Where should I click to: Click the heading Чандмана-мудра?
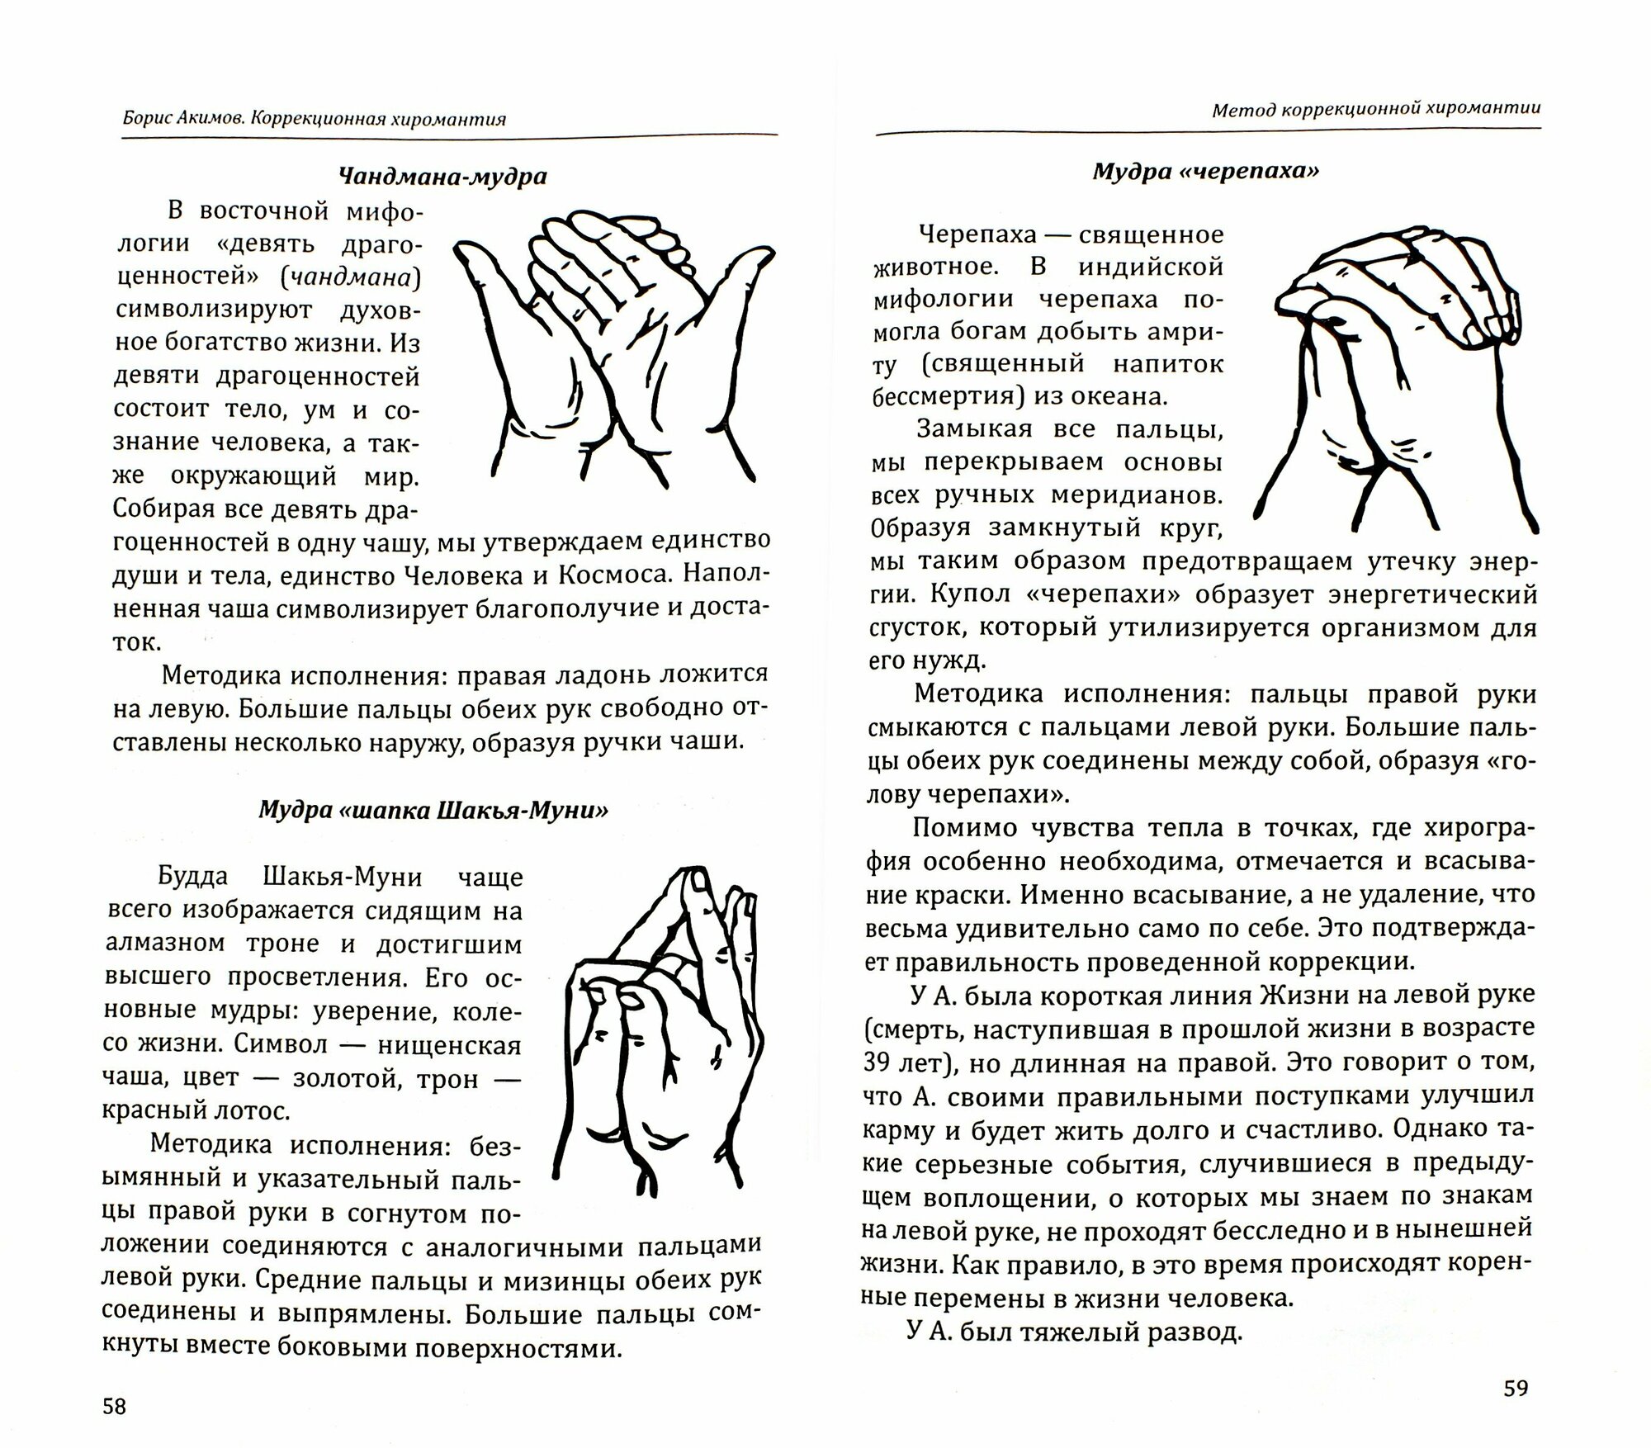tap(442, 176)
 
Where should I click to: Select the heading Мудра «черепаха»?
tap(1206, 171)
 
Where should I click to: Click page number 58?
tap(114, 1406)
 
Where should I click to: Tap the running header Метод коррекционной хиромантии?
tap(1376, 109)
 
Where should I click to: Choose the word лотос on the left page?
tap(256, 1110)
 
